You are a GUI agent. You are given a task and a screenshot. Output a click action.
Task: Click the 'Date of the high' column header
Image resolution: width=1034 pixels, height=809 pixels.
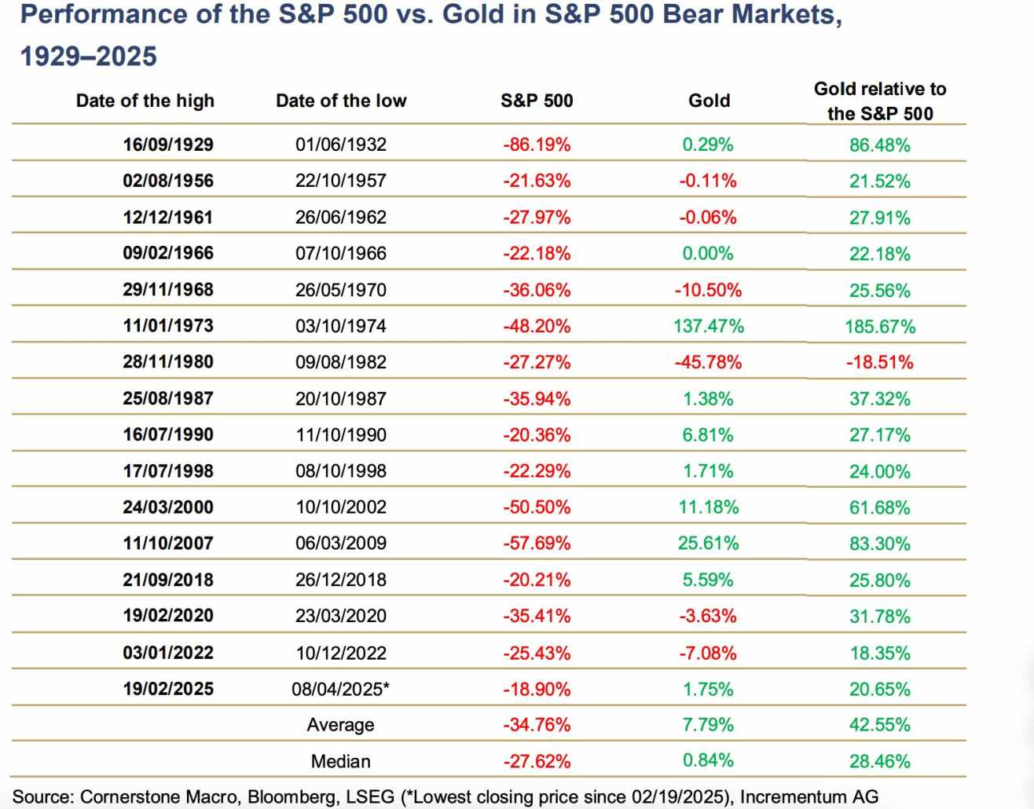[x=145, y=101]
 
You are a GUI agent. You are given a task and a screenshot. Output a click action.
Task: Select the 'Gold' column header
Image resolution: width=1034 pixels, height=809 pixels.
[x=709, y=101]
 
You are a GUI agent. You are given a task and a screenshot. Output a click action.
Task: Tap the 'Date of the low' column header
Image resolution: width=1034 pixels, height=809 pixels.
[x=341, y=101]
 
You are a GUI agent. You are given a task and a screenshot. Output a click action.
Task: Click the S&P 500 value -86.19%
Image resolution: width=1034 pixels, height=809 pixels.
[x=537, y=145]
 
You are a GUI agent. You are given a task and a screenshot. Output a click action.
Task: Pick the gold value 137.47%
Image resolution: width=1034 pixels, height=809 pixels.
[x=708, y=326]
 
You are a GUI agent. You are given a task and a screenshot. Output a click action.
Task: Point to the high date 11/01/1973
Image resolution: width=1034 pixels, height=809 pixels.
[x=168, y=326]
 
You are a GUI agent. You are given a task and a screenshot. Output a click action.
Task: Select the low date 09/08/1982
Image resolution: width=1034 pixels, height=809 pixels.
[x=341, y=362]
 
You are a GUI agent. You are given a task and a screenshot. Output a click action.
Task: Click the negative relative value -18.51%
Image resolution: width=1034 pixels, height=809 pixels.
[x=879, y=362]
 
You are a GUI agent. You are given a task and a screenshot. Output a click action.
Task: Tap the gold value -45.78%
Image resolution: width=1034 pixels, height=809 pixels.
[x=708, y=362]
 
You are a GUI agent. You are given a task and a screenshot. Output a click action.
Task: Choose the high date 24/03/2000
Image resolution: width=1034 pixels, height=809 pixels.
[x=168, y=507]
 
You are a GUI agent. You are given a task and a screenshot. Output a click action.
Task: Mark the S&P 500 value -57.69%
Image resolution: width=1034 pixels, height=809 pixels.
[x=537, y=544]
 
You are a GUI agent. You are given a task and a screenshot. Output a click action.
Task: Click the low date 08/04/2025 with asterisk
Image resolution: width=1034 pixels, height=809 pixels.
[x=341, y=689]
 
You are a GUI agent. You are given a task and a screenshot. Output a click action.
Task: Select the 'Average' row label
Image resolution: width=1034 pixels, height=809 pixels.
[x=340, y=725]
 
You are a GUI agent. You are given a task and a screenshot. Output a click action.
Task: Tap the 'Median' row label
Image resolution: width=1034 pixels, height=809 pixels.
[x=340, y=761]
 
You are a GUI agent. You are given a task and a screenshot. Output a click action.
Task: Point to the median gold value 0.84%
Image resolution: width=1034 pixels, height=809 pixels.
[x=708, y=760]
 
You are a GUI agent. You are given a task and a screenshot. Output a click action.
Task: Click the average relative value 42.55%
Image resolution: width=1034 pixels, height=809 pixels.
[x=879, y=725]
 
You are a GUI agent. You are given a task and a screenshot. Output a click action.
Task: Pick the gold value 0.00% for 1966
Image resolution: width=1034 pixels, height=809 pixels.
[x=708, y=254]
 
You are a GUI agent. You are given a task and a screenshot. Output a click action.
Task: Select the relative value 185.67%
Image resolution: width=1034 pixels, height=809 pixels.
[x=880, y=326]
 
